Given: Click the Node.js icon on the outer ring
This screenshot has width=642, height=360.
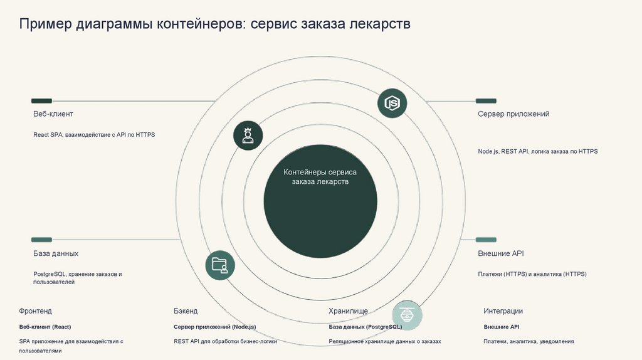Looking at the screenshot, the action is click(x=392, y=103).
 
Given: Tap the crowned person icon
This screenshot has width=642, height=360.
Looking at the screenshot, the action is click(x=248, y=135).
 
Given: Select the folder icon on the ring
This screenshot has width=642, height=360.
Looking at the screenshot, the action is click(x=220, y=265).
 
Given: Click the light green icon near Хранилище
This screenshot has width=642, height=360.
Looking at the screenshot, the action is click(x=408, y=315).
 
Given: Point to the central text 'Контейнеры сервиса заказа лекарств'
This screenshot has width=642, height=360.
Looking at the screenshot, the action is click(x=320, y=176).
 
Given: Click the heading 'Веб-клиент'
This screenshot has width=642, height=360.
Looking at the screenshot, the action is click(x=53, y=114).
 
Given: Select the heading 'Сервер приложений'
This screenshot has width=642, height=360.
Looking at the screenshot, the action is click(x=513, y=114).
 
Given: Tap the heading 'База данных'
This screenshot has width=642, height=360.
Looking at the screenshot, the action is click(x=56, y=253).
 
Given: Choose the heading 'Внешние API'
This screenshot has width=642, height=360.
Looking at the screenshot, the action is click(x=500, y=253).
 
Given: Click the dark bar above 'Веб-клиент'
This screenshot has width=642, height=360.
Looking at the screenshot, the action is click(x=41, y=100).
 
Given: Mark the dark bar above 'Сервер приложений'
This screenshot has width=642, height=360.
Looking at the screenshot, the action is click(x=486, y=100).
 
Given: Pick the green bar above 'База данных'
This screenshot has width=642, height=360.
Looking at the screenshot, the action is click(x=41, y=240).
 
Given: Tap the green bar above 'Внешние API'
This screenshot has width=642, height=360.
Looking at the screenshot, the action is click(x=486, y=240).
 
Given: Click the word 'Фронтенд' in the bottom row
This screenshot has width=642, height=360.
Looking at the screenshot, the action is click(x=36, y=311).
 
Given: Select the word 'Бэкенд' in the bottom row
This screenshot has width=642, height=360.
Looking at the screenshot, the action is click(x=186, y=311).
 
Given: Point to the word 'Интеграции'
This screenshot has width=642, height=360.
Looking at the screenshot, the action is click(x=503, y=311).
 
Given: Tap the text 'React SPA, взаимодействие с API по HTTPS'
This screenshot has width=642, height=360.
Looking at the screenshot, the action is click(x=94, y=135).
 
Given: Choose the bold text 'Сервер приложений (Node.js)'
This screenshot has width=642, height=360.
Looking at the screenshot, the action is click(x=214, y=327).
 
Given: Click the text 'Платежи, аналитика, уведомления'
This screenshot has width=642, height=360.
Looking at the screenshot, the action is click(x=529, y=341).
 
